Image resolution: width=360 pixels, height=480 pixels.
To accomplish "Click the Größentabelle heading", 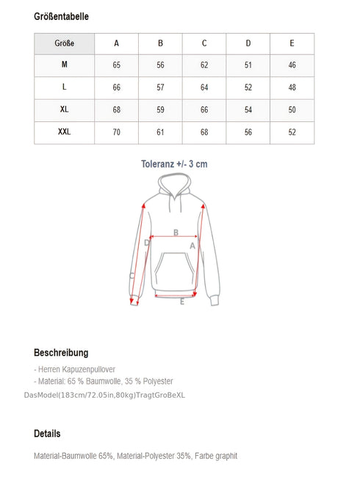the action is click(x=62, y=16).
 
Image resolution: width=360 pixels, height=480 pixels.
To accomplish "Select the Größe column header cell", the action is click(x=64, y=43).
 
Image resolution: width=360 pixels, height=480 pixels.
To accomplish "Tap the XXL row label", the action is click(x=64, y=132).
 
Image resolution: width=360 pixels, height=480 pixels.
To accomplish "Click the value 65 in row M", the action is click(x=116, y=65).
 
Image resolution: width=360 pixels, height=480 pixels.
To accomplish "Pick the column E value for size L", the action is click(x=292, y=87).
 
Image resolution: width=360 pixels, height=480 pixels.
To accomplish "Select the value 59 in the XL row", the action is click(x=160, y=110).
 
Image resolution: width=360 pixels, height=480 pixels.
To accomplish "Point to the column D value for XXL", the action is click(x=248, y=132).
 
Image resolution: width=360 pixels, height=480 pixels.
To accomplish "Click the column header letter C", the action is click(x=204, y=43).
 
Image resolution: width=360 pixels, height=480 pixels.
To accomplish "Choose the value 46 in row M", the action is click(x=292, y=65).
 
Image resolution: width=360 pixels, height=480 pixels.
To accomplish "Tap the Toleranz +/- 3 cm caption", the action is click(x=174, y=164).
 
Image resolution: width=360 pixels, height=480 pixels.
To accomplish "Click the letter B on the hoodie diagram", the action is click(x=176, y=233).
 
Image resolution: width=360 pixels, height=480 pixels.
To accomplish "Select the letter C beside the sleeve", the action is click(x=132, y=276).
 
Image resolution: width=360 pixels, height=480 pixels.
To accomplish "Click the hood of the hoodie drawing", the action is click(x=175, y=190).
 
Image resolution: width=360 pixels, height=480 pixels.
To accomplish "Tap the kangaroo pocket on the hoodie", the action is click(x=175, y=272).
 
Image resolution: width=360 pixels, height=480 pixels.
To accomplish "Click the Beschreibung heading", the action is click(x=61, y=353).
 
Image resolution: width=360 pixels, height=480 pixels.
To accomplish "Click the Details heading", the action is click(x=47, y=434).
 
